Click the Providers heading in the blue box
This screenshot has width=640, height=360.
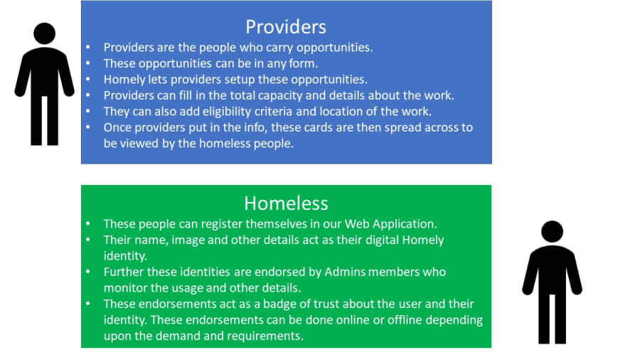coord(286,27)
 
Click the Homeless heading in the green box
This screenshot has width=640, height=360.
coord(286,203)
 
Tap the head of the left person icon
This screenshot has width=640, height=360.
coord(45,33)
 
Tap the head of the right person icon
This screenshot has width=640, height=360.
coord(552,231)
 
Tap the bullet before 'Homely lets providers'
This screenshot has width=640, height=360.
coord(87,79)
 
